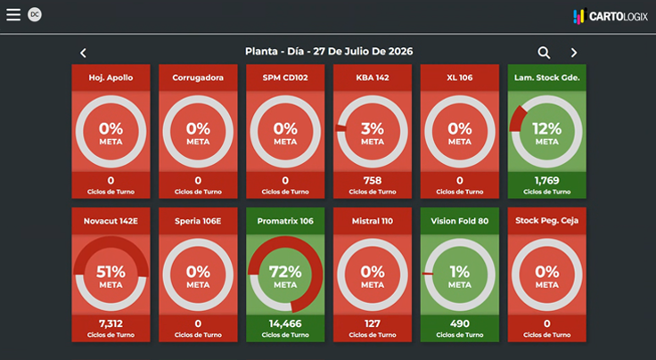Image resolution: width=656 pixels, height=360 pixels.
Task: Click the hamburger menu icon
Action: click(13, 14)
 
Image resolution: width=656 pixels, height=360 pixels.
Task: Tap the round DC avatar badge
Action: click(35, 14)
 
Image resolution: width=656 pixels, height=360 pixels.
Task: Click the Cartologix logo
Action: click(611, 16)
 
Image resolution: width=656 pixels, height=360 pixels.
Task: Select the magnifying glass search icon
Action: click(544, 53)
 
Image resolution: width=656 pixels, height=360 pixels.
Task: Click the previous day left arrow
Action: click(83, 53)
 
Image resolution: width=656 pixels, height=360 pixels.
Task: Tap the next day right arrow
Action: click(574, 53)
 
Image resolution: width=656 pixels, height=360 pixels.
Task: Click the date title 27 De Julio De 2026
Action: click(363, 52)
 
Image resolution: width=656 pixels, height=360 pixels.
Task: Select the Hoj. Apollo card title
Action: click(111, 78)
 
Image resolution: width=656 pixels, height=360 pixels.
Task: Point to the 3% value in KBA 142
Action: click(373, 128)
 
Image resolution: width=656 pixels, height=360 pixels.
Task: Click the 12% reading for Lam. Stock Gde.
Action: click(546, 128)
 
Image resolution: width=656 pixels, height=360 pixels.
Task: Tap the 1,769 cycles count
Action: click(546, 181)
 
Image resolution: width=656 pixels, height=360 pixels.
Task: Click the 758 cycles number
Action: click(373, 181)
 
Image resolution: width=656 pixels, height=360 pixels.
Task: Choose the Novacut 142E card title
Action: click(111, 221)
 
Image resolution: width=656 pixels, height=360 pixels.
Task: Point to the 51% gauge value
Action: click(111, 272)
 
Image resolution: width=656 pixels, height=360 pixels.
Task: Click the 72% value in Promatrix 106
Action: click(285, 272)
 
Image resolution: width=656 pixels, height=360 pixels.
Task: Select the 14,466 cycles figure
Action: click(285, 323)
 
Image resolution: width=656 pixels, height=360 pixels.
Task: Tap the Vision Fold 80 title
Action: click(460, 221)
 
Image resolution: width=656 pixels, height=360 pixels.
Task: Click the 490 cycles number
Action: click(460, 323)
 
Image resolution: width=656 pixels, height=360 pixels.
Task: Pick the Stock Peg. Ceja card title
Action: click(546, 221)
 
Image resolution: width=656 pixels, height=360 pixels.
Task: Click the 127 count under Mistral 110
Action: click(373, 323)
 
